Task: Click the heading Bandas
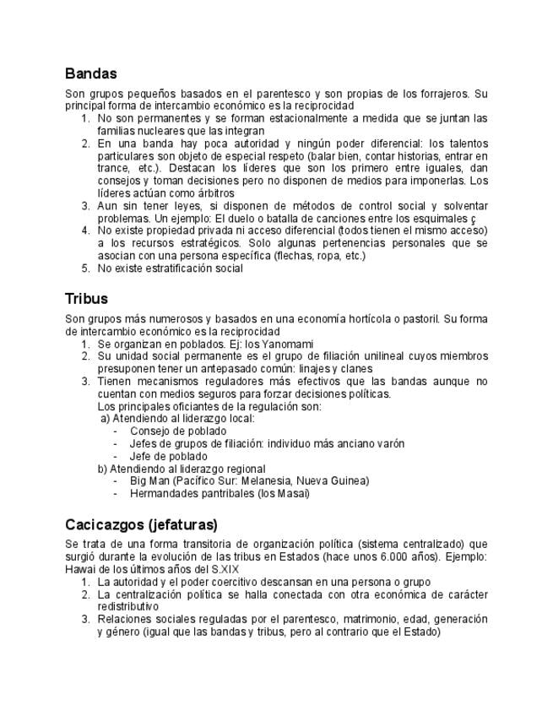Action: click(x=90, y=74)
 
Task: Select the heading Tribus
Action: click(x=86, y=299)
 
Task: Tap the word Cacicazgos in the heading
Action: click(x=104, y=523)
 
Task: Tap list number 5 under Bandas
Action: click(x=85, y=268)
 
